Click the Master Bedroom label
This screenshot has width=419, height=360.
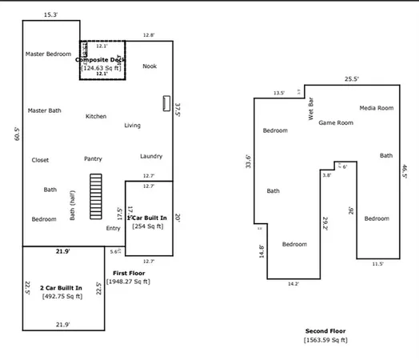(48, 54)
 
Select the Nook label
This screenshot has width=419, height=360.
(150, 66)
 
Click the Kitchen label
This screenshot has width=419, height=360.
(96, 116)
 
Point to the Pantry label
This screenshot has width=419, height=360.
(93, 158)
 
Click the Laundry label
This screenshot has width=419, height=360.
(151, 156)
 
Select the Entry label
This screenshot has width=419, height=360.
(113, 228)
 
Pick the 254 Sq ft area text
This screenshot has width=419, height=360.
(148, 226)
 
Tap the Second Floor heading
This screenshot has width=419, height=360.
(325, 330)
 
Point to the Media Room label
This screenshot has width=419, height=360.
(376, 107)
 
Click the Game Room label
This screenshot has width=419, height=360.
(336, 122)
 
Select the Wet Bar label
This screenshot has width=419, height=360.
(311, 108)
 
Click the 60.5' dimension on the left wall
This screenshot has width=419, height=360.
(17, 133)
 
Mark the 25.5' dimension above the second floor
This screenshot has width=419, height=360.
(351, 79)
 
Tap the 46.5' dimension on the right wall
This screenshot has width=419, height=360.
(405, 172)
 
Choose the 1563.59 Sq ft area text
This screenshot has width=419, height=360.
(325, 340)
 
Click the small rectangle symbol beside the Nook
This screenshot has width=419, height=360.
(166, 103)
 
